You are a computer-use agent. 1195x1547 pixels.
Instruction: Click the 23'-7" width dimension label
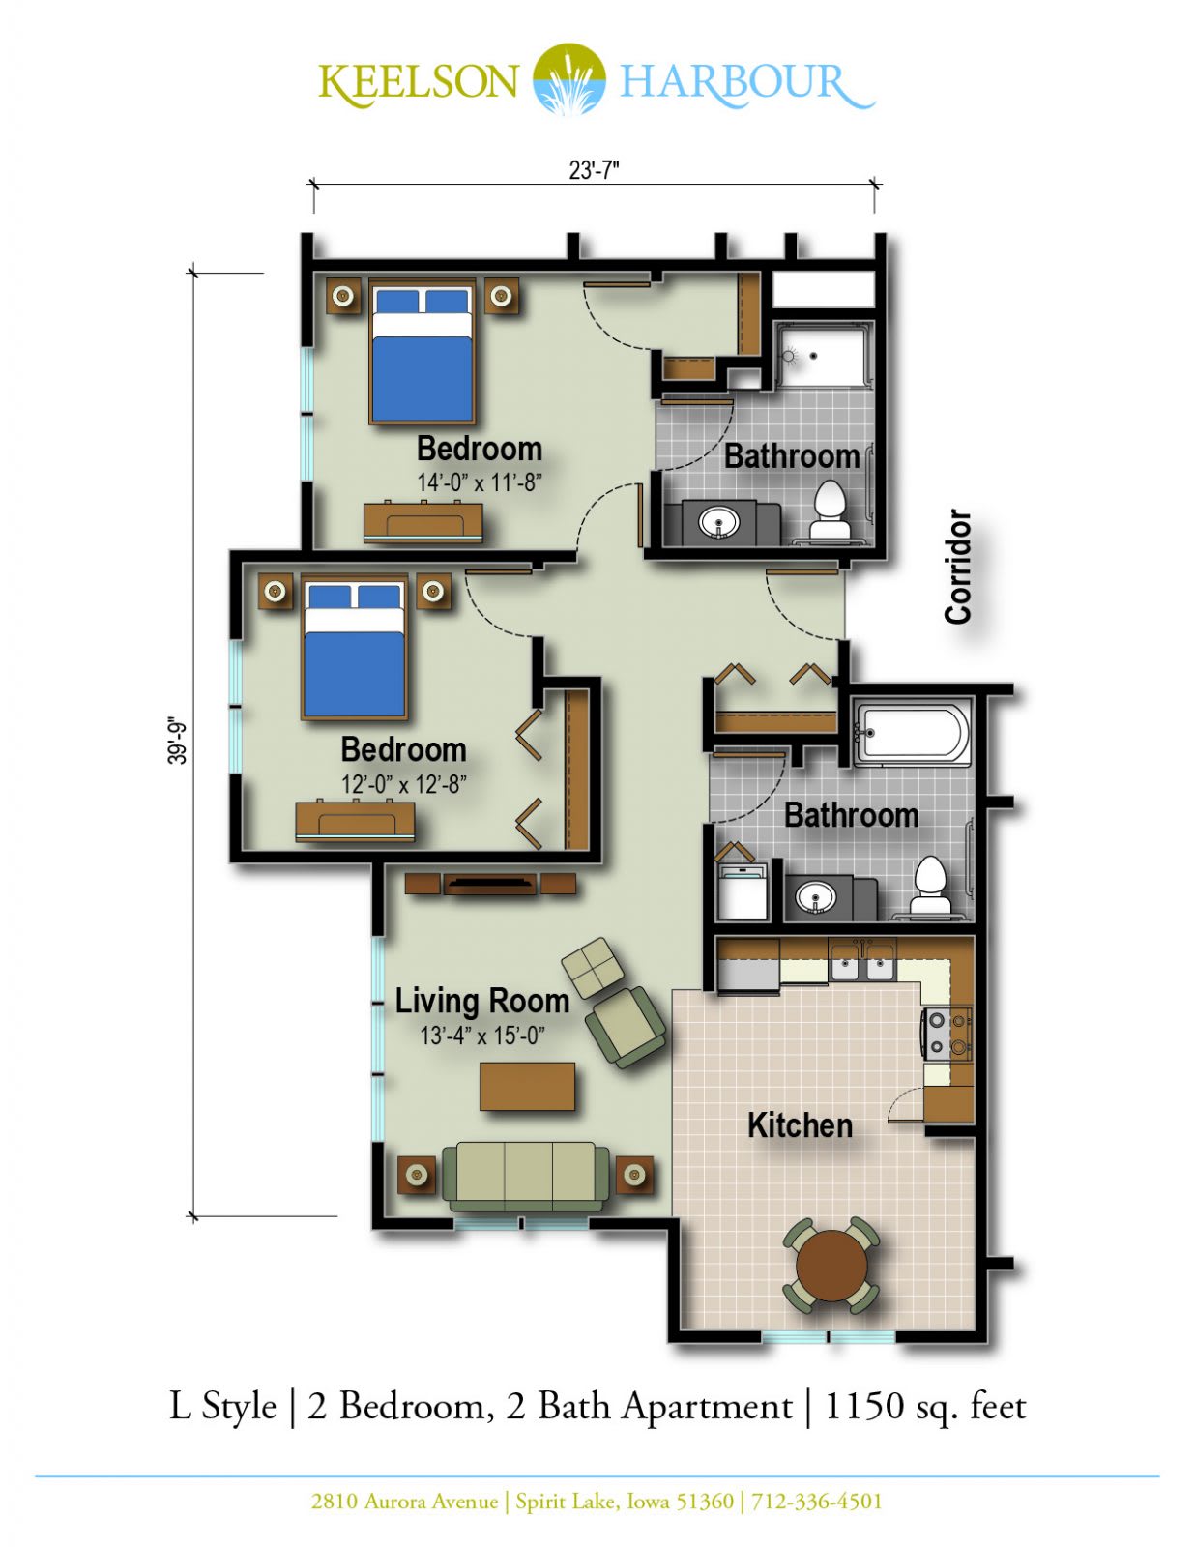tap(594, 171)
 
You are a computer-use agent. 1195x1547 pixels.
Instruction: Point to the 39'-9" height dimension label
tap(177, 740)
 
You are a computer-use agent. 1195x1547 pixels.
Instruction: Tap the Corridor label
tap(958, 567)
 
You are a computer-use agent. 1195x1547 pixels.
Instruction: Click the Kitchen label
tap(800, 1125)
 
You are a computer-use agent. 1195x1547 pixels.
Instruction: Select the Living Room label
tap(482, 1001)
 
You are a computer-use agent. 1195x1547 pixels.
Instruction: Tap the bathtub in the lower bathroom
tap(912, 733)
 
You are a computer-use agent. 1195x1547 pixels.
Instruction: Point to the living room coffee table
tap(527, 1087)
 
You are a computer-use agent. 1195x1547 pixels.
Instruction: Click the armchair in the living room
tap(625, 1027)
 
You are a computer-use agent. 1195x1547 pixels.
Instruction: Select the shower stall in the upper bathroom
tap(823, 355)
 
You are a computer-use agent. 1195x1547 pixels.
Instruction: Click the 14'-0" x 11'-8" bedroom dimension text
tap(479, 482)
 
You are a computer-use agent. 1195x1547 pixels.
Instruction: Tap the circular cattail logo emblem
tap(569, 78)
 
